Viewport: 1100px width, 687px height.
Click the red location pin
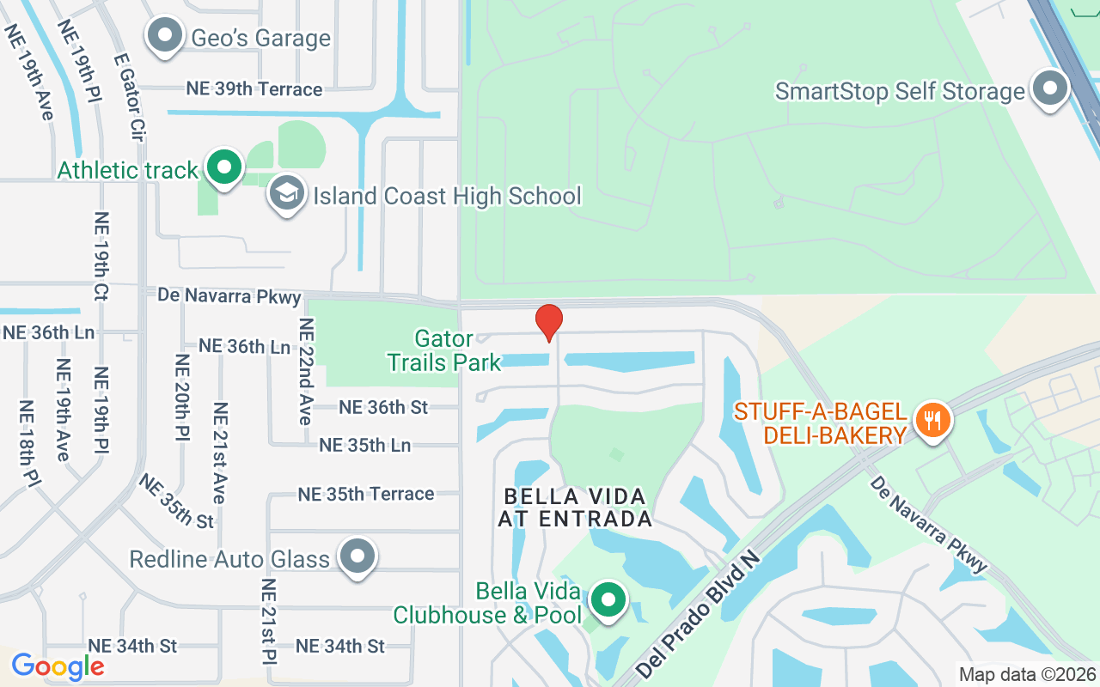point(549,323)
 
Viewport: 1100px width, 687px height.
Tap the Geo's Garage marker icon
point(164,37)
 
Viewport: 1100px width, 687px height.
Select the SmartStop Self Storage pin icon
point(1049,90)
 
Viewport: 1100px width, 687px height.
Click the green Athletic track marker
point(224,167)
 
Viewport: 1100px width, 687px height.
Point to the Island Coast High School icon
point(286,194)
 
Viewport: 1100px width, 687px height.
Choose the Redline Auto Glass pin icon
point(357,557)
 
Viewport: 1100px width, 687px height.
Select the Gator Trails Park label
point(443,350)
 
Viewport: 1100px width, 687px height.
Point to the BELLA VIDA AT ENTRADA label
point(576,508)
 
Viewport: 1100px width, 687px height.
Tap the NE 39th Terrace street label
point(254,89)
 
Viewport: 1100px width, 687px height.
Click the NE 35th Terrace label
point(366,494)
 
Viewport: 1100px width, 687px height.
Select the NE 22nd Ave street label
point(306,371)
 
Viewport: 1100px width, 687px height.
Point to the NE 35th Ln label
point(364,445)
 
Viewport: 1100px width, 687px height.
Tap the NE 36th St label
point(383,406)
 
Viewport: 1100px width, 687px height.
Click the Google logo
point(58,666)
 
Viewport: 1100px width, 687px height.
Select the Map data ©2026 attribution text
point(1027,675)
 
